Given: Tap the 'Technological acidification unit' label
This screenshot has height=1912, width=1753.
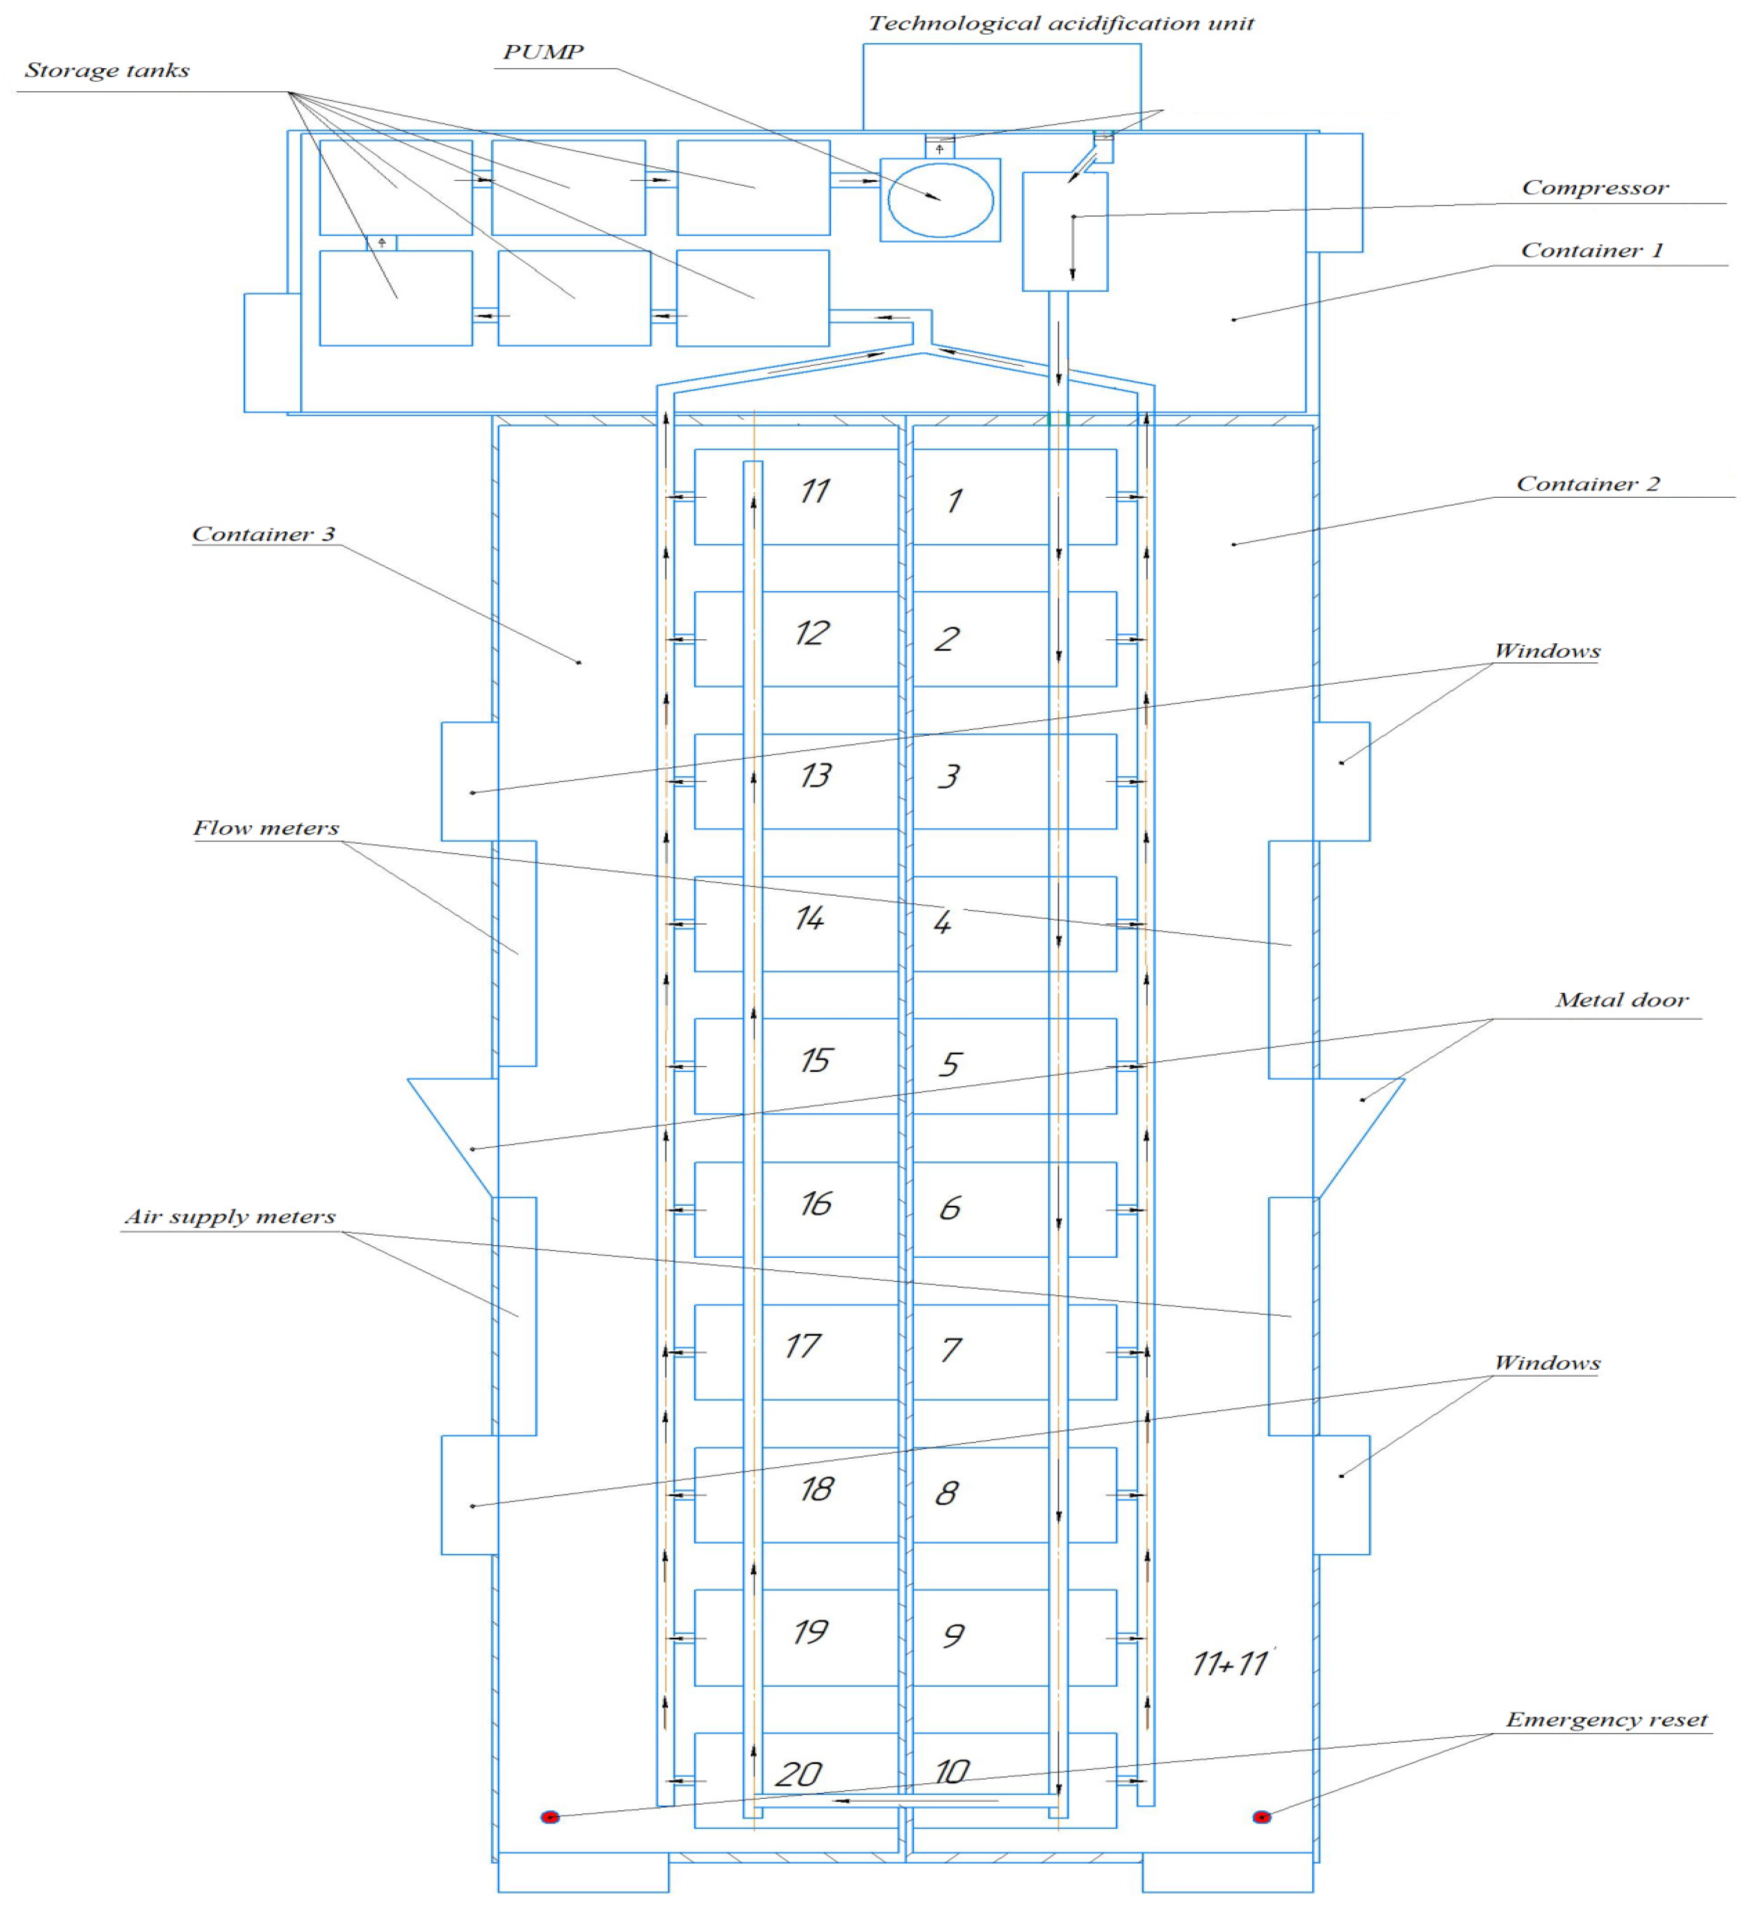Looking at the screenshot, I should pyautogui.click(x=1060, y=24).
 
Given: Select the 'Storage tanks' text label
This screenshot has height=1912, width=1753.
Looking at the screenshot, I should pyautogui.click(x=107, y=70).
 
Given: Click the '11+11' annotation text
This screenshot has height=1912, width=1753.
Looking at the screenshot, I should pyautogui.click(x=1231, y=1664).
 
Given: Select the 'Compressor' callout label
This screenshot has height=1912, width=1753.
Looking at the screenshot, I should pyautogui.click(x=1595, y=188).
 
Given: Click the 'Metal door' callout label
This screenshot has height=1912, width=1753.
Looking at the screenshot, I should pyautogui.click(x=1621, y=1001).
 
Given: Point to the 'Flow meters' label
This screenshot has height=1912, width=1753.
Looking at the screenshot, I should pyautogui.click(x=266, y=828).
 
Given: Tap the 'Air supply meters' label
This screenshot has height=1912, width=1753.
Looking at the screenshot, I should pyautogui.click(x=230, y=1217).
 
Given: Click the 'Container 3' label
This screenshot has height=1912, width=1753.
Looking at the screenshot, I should pyautogui.click(x=264, y=534).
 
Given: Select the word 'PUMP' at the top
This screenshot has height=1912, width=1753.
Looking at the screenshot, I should pyautogui.click(x=542, y=52).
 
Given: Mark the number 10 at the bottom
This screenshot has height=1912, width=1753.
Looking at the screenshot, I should pyautogui.click(x=951, y=1772).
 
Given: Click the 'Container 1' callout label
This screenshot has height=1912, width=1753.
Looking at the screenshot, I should pyautogui.click(x=1592, y=251).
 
